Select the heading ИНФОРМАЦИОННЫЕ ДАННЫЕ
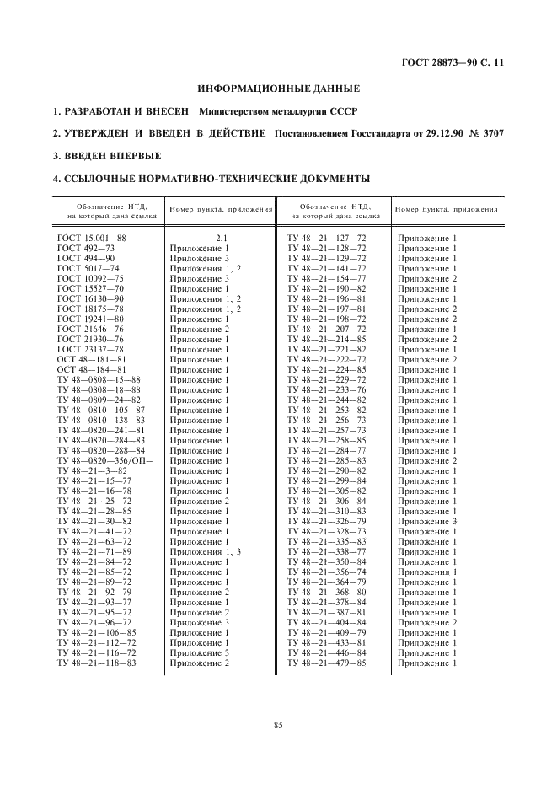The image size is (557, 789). point(278,89)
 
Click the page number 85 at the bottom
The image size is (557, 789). point(278,726)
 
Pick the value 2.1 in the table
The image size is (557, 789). point(222,239)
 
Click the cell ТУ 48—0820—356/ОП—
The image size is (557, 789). point(105,461)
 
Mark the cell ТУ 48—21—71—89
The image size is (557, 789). point(94,552)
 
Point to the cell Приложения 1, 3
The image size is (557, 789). point(206,552)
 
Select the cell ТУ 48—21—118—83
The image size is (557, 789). point(97,663)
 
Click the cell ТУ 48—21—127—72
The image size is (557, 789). point(327,239)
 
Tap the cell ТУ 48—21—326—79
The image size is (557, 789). point(327,522)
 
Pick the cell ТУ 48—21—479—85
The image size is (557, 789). point(327,663)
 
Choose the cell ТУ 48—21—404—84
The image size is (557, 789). point(327,623)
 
